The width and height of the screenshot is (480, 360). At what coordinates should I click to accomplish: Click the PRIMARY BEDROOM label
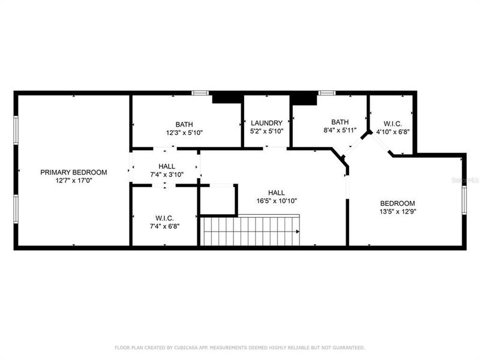click(x=73, y=172)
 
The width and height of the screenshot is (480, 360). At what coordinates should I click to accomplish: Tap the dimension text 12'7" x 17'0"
click(x=73, y=181)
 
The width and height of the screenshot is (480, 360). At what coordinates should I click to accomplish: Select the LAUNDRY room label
click(x=266, y=123)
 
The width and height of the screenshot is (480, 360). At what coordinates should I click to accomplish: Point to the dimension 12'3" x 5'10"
click(x=184, y=133)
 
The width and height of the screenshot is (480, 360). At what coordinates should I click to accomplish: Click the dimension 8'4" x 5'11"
click(x=340, y=130)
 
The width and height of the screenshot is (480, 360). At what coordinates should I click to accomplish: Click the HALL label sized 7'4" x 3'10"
click(x=167, y=166)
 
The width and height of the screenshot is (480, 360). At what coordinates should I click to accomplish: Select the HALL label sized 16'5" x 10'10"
click(x=277, y=193)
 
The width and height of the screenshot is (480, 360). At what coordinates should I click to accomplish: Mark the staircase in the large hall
click(x=251, y=231)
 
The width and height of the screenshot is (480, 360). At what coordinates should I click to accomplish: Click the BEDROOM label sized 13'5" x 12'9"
click(x=397, y=203)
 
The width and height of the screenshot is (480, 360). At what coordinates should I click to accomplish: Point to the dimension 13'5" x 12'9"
click(x=397, y=211)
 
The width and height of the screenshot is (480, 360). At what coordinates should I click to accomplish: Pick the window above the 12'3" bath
click(x=200, y=93)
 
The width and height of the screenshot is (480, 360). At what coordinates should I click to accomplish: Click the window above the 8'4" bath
click(x=326, y=93)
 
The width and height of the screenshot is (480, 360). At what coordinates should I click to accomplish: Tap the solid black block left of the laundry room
click(x=227, y=98)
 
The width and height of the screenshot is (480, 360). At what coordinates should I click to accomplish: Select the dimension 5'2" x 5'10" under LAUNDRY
click(x=266, y=131)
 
